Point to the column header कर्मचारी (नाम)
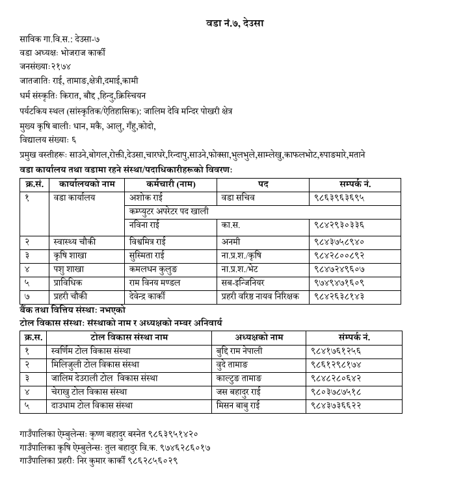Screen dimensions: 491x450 (x=170, y=184)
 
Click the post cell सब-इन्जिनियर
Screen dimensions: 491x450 (x=248, y=283)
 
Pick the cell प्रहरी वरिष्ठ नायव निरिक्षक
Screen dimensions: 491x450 (x=259, y=296)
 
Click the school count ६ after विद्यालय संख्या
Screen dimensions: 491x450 (x=73, y=140)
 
